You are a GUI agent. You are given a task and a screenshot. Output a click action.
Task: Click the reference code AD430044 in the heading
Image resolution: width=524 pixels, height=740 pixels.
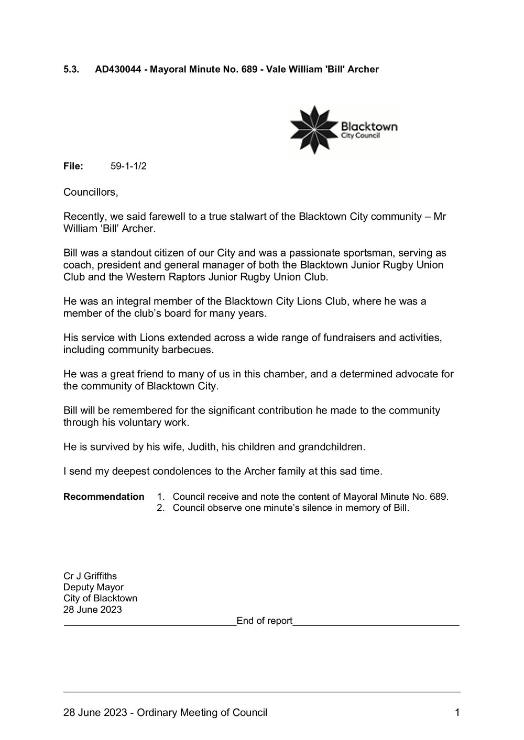[x=118, y=69]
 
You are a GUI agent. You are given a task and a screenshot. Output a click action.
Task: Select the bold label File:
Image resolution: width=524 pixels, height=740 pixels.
[x=73, y=166]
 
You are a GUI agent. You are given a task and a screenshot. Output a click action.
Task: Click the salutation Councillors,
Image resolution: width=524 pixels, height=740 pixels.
[x=91, y=192]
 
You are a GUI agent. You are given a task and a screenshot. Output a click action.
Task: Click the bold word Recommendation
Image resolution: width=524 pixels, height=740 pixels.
[x=104, y=497]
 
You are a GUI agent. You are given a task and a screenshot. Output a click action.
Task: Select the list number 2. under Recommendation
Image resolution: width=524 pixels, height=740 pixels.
[x=161, y=508]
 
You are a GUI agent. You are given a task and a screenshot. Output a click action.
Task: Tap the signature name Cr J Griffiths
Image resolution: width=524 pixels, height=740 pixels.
[x=90, y=577]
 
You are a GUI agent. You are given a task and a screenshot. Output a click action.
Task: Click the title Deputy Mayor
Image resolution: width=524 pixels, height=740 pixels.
[x=93, y=587]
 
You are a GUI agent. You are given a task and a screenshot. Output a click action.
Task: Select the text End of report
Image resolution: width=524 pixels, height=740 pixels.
[x=265, y=621]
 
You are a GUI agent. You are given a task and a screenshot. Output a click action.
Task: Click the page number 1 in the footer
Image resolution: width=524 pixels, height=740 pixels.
[x=457, y=712]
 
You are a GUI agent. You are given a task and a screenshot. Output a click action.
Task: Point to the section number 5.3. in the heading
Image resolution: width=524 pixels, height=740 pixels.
[x=71, y=69]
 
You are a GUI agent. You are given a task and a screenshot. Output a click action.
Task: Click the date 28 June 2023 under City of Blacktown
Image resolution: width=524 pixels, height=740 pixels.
[x=93, y=609]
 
